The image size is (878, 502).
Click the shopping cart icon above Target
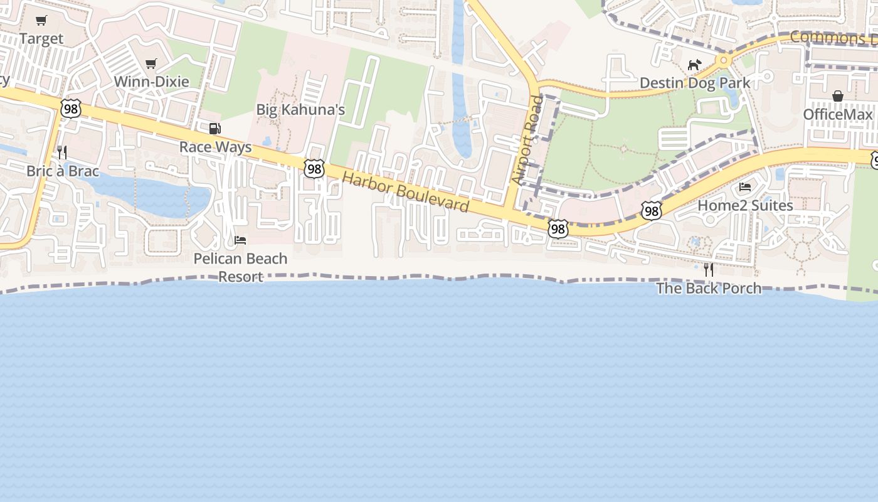41,21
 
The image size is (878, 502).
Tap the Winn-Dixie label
151,82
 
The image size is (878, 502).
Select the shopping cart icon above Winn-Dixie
151,63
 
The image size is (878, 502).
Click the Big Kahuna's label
300,110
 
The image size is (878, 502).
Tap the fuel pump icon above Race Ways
214,129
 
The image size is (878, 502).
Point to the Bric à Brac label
63,171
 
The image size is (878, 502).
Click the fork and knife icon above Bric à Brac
62,152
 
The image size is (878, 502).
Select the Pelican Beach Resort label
240,267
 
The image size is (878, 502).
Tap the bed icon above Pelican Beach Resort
240,240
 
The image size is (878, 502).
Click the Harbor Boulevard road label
405,191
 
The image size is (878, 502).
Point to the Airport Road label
526,140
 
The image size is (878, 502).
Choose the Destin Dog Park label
694,83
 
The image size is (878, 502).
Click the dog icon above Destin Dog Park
694,65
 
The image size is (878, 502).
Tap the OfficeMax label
838,114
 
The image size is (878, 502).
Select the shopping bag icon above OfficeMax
838,96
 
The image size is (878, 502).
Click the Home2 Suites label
745,205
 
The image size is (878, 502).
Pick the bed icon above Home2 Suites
745,187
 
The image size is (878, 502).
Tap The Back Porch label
709,288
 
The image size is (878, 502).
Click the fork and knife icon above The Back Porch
709,270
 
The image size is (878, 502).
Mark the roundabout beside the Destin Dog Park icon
723,61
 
